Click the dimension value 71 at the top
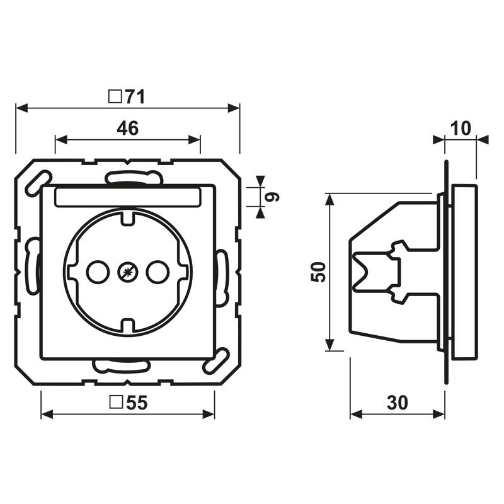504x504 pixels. [x=135, y=96]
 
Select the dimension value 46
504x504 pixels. [x=127, y=129]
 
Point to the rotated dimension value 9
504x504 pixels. [x=273, y=197]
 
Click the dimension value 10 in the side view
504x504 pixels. [x=461, y=129]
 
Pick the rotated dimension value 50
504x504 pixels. [x=319, y=272]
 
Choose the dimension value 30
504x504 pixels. [x=397, y=403]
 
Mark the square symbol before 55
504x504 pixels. [x=115, y=403]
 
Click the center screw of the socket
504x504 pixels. [x=127, y=272]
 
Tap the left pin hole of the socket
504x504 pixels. [x=97, y=272]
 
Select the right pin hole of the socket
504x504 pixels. [x=157, y=272]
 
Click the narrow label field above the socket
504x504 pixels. [x=127, y=197]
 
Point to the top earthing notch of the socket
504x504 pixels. [x=127, y=218]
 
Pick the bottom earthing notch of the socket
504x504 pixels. [x=127, y=326]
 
